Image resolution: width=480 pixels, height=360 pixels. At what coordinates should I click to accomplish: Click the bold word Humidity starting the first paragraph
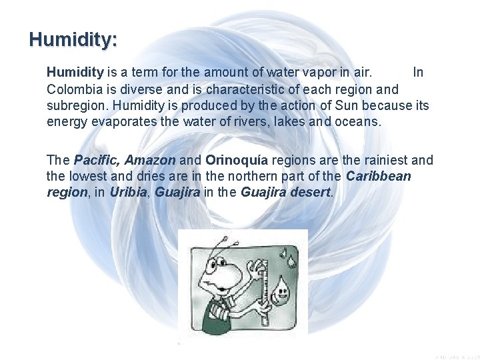pos(75,71)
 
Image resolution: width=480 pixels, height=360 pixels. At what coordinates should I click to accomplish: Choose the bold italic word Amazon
pos(150,161)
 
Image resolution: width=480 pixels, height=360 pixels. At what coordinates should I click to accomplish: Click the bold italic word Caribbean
pos(379,177)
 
